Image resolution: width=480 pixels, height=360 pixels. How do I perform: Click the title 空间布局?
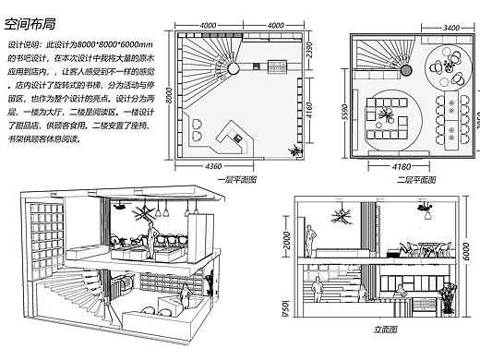pyautogui.click(x=35, y=15)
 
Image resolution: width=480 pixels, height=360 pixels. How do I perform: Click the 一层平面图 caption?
pyautogui.click(x=240, y=179)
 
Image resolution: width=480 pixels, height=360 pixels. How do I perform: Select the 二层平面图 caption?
pyautogui.click(x=406, y=179)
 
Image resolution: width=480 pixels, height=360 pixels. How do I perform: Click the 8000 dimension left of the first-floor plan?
pyautogui.click(x=170, y=95)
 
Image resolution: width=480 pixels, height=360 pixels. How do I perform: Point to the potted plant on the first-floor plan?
pyautogui.click(x=294, y=150)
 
